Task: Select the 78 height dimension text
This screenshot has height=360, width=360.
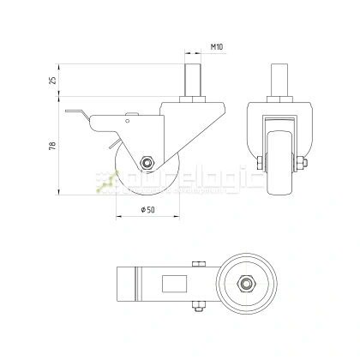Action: (53, 145)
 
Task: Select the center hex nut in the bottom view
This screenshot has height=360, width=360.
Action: (248, 283)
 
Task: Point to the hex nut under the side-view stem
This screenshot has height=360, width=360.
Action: (194, 104)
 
